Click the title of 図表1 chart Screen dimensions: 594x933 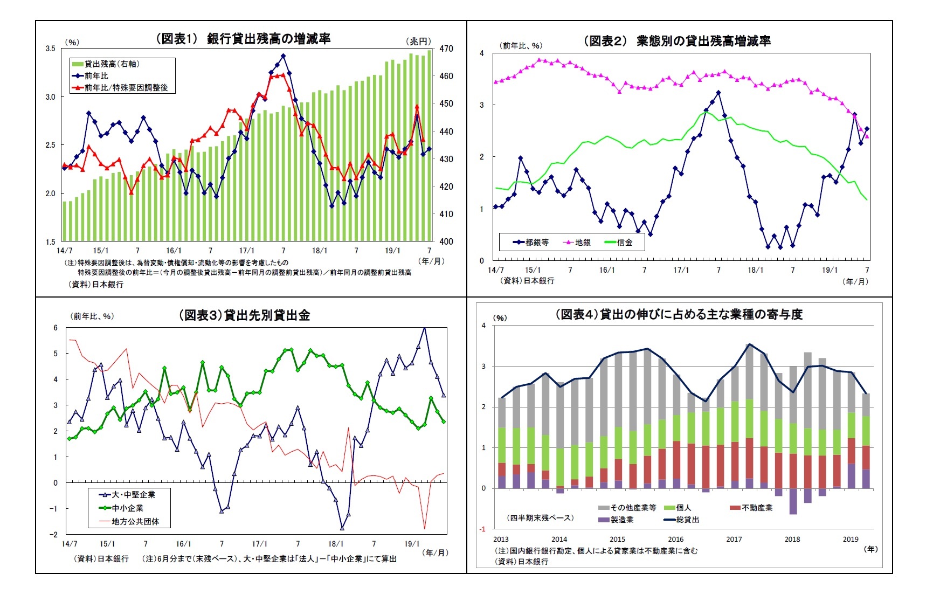(x=243, y=39)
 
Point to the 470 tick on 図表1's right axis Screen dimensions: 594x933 (x=446, y=49)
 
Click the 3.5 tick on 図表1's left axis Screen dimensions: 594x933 (x=50, y=49)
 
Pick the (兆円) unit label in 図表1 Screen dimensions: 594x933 (x=419, y=42)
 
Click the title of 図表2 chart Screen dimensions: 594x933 (x=677, y=41)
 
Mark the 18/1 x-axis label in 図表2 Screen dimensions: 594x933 (x=755, y=270)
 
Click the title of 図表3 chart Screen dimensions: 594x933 (x=244, y=315)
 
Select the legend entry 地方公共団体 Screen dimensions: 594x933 (x=135, y=522)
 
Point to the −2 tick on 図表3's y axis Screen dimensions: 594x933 (x=53, y=535)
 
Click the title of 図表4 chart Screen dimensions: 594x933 (x=679, y=314)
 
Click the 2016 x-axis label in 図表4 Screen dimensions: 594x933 (x=675, y=539)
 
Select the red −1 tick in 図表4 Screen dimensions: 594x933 (x=483, y=529)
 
